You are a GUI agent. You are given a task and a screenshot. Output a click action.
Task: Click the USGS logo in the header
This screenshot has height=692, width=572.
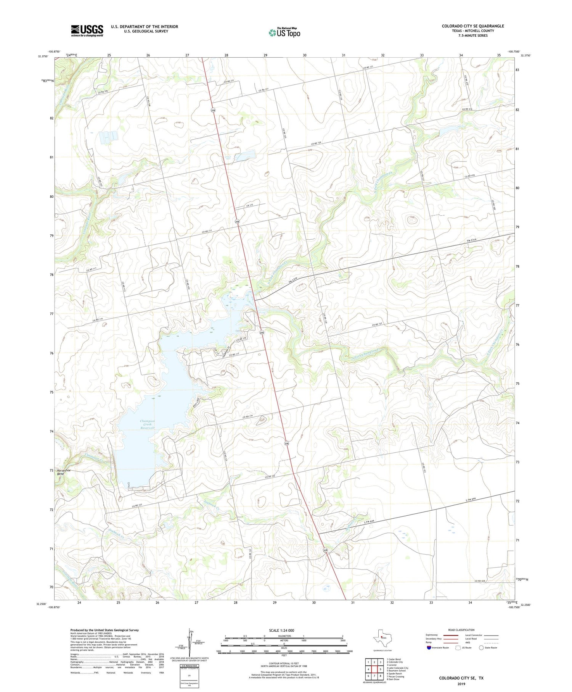87,31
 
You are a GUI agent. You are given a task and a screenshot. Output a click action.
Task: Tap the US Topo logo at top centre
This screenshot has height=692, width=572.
284,33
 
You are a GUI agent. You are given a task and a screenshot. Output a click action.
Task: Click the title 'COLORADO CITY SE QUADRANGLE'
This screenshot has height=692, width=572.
473,26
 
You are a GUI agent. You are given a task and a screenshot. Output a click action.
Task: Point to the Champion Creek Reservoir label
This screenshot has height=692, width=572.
148,424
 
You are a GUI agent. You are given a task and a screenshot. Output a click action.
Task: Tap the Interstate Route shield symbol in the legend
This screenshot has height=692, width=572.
429,648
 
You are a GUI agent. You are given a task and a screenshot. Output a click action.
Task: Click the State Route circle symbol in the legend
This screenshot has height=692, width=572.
481,648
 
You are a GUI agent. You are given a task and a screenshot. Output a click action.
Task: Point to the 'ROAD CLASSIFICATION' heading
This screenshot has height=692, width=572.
461,630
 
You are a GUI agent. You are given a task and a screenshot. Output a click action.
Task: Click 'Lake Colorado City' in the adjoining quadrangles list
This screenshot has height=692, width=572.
398,668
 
